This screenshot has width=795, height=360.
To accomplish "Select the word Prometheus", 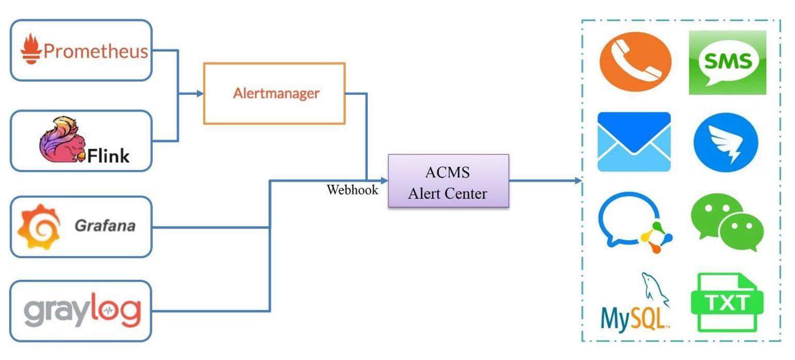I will (x=96, y=51).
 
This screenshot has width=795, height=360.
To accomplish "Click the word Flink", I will (x=108, y=156).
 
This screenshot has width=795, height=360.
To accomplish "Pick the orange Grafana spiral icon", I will (x=39, y=227).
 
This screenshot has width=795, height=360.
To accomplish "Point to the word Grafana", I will (x=105, y=226).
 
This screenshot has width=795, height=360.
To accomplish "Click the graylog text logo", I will (x=82, y=311).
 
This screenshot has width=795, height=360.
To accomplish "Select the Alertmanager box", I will (x=274, y=94).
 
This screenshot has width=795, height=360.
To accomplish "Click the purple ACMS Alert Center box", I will (x=448, y=181).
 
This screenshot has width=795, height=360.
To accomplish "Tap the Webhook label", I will (x=352, y=190).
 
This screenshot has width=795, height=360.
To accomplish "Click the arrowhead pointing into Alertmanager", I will (x=200, y=94).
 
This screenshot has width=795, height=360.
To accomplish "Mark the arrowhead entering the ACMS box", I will (x=384, y=181).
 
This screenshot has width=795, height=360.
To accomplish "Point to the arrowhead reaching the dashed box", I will (x=578, y=181).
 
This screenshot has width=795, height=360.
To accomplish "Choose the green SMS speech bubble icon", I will (x=727, y=63).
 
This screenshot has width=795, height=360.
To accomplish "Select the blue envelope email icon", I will (x=634, y=142).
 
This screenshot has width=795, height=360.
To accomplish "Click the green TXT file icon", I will (x=727, y=303).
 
